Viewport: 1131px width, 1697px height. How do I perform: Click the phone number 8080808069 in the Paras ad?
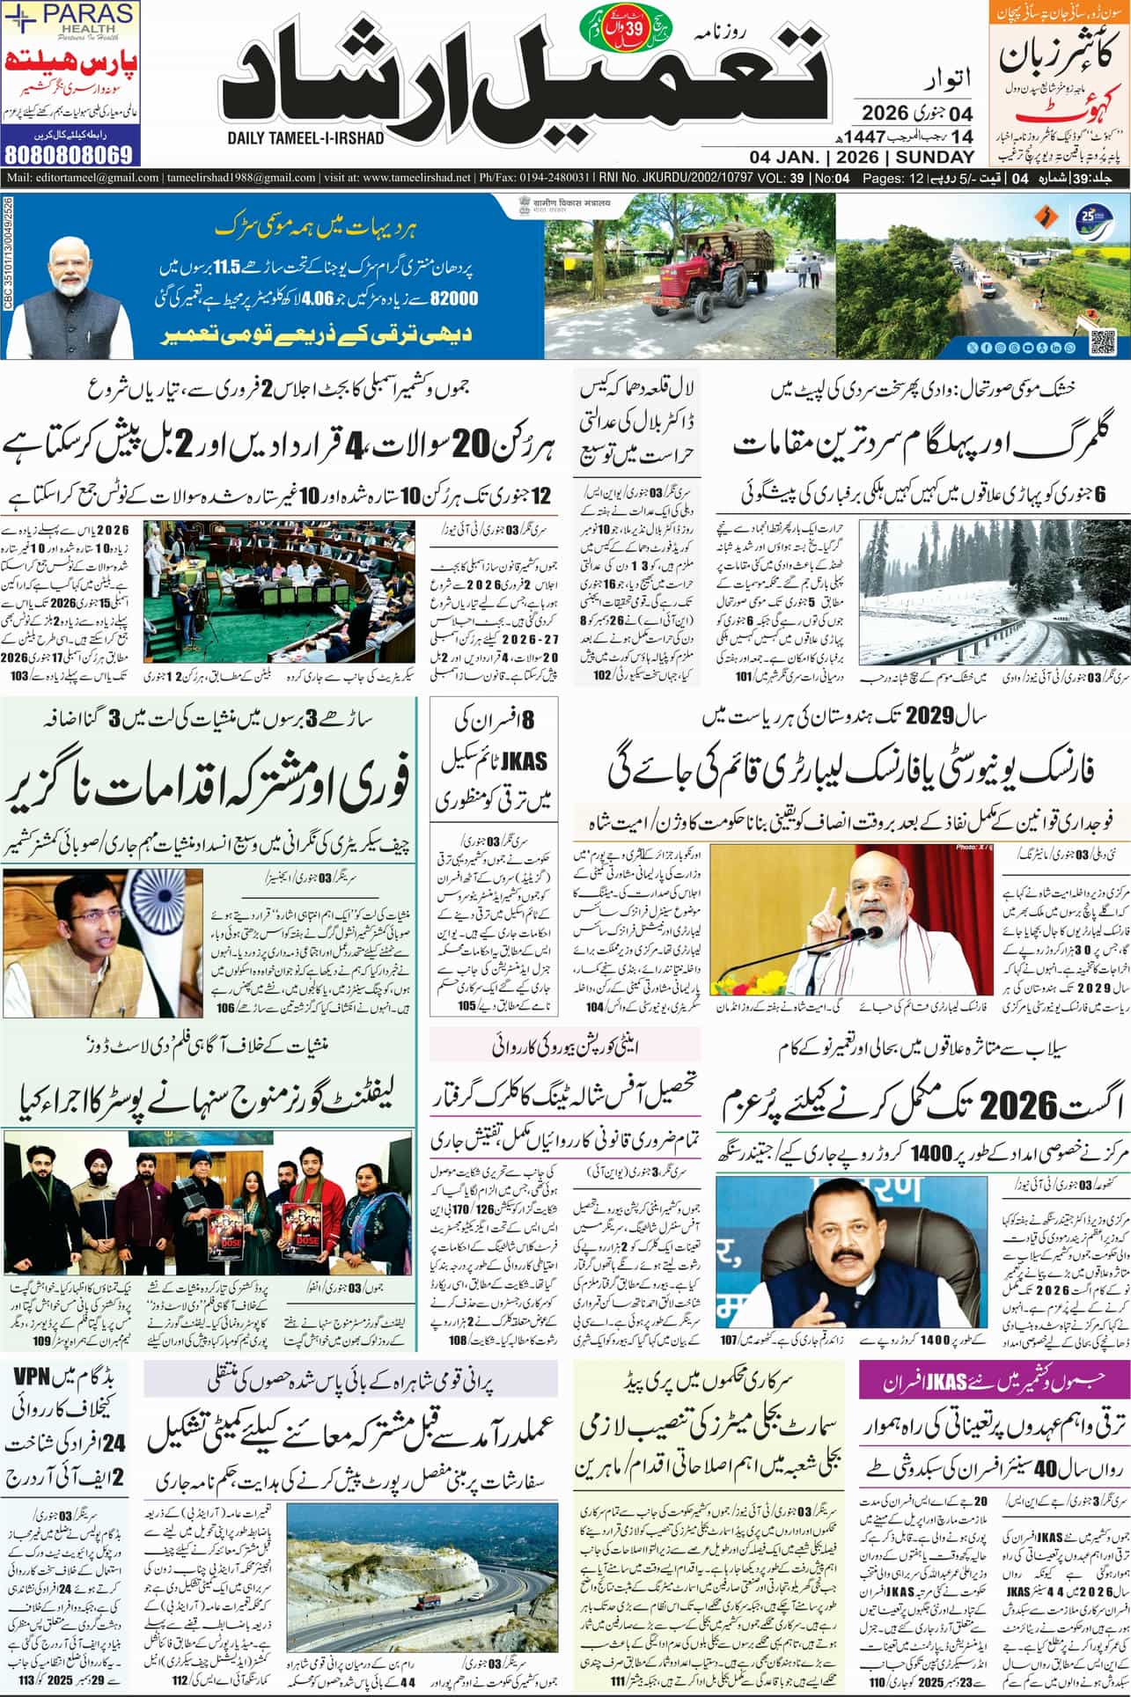(70, 154)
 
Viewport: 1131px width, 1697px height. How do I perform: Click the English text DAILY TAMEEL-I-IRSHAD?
(305, 138)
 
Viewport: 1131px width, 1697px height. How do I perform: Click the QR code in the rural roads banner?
(1102, 340)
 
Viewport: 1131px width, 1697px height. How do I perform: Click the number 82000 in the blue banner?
(452, 298)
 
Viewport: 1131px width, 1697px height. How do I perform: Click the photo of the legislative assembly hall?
(279, 595)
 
